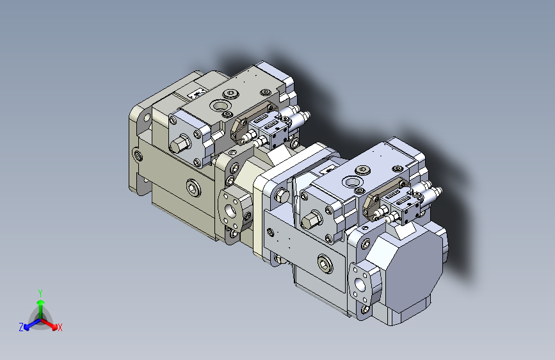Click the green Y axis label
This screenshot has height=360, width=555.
[40, 293]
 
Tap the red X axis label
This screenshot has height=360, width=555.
[60, 327]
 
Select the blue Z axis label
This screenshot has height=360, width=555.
[21, 327]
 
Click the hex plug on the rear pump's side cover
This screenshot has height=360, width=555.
[180, 143]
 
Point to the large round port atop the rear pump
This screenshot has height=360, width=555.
[220, 105]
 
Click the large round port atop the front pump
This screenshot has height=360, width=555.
[352, 183]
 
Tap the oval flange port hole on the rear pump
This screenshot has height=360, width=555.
[230, 211]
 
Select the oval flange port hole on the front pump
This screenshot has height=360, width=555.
[360, 284]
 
